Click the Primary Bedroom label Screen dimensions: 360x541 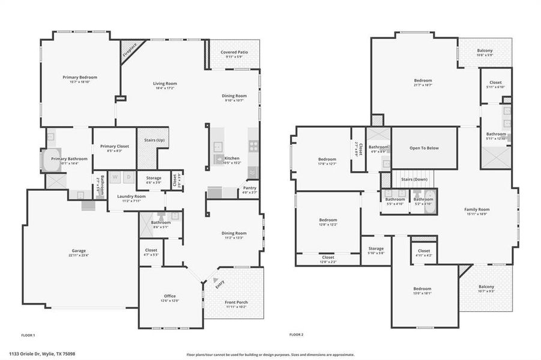(x=80, y=77)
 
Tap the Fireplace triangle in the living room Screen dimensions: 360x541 (x=128, y=49)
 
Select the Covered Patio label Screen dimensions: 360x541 (x=234, y=52)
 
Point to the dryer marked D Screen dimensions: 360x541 (x=128, y=177)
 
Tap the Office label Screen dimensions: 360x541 (x=170, y=296)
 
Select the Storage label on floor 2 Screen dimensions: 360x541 (x=376, y=248)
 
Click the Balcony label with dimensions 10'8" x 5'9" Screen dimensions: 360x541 (x=485, y=50)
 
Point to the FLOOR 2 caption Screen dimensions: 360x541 (x=297, y=334)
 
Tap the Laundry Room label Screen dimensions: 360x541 (x=131, y=196)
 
